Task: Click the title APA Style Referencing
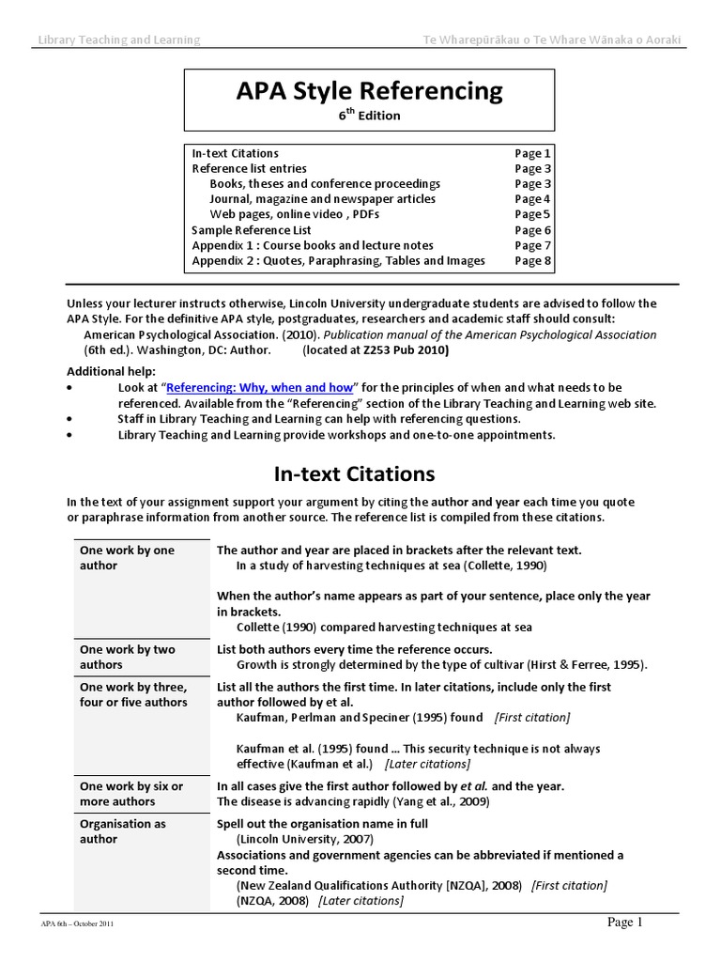point(369,90)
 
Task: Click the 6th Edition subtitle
point(369,116)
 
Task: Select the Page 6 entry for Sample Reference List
point(532,230)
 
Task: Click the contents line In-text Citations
point(235,153)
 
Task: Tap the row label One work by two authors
point(127,657)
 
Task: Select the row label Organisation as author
point(123,831)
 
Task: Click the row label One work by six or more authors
point(131,794)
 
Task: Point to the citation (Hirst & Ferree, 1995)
point(586,664)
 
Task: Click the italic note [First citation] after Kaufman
point(531,717)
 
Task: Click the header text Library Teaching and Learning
point(118,39)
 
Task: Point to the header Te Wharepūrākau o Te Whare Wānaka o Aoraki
point(552,39)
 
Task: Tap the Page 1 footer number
point(624,923)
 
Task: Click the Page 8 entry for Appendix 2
point(532,261)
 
